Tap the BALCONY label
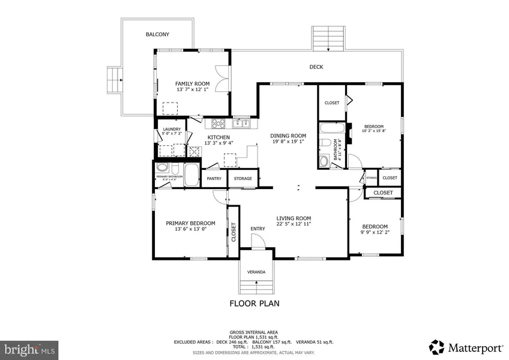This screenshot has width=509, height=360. coord(157,35)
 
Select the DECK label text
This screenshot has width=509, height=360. coord(316,67)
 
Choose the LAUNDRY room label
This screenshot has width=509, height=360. coord(172,130)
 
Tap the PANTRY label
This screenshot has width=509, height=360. coord(214,178)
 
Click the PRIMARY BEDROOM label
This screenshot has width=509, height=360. coord(190,223)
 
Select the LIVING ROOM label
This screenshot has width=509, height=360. coord(294,218)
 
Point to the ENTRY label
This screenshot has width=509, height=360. coord(258,229)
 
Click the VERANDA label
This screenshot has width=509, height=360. coord(256,272)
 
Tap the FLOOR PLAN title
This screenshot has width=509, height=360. coord(254,304)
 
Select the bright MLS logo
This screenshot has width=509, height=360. coord(29,348)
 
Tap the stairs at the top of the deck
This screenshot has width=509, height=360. coord(329,38)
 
